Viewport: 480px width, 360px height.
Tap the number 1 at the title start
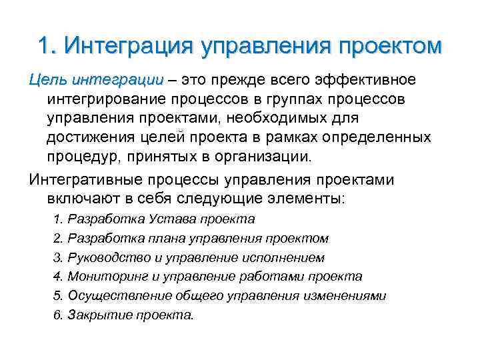[x=44, y=47]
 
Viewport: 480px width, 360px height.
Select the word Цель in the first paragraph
[x=45, y=81]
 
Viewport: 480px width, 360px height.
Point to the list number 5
[x=56, y=295]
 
